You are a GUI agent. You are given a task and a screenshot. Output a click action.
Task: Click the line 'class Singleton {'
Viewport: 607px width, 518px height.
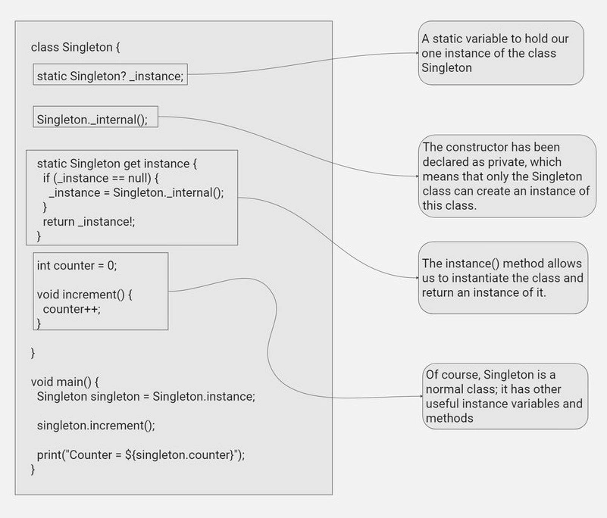[x=76, y=47]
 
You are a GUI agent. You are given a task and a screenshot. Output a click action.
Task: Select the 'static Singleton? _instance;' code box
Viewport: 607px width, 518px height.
[x=111, y=74]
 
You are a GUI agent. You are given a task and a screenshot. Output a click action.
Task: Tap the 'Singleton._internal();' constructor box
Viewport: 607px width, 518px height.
[x=95, y=117]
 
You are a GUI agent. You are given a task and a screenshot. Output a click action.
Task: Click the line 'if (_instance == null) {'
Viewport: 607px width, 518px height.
[x=101, y=178]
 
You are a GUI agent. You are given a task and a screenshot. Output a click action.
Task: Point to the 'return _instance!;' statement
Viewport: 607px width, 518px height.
[x=89, y=222]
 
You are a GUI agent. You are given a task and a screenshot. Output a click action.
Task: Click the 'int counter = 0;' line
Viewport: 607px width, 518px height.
[x=77, y=265]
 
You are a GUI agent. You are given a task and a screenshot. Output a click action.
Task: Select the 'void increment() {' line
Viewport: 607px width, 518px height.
[x=84, y=295]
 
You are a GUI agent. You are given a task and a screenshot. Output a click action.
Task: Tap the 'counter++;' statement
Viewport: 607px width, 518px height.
[x=72, y=309]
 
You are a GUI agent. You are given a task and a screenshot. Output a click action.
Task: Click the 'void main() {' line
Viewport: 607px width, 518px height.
[x=64, y=382]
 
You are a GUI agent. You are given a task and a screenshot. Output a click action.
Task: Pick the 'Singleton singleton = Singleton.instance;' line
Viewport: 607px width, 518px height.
[x=146, y=397]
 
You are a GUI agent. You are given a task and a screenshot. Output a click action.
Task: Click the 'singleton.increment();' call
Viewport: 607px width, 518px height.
[x=96, y=426]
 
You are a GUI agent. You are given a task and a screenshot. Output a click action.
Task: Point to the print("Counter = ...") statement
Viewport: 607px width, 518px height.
[x=141, y=454]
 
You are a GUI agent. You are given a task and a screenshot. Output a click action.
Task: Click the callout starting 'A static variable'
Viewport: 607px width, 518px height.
[x=501, y=53]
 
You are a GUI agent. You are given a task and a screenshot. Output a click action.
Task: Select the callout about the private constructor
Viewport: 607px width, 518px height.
[x=507, y=176]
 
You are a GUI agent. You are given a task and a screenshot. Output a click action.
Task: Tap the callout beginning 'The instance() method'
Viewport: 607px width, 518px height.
[x=503, y=278]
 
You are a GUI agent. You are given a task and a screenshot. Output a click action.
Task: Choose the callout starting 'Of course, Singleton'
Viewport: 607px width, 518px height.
[x=505, y=396]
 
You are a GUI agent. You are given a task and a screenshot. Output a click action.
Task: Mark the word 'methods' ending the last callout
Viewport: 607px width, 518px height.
[x=449, y=418]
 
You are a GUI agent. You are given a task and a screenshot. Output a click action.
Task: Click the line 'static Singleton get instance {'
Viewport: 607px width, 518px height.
[x=117, y=164]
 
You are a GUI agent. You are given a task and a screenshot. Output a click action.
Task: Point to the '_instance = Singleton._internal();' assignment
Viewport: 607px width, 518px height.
[x=136, y=192]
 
